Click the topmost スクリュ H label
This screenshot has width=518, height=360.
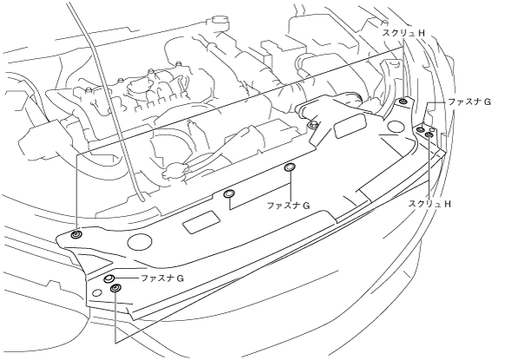point(403,33)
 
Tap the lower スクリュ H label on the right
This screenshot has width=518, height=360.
point(429,204)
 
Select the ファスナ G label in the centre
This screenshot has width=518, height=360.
point(288,206)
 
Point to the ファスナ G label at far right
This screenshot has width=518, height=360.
point(469,102)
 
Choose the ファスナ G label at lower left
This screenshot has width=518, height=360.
point(162,278)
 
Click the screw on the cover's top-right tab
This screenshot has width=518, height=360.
point(403,101)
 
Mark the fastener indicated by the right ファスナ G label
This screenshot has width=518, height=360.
point(421,129)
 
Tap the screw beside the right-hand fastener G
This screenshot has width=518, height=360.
point(429,134)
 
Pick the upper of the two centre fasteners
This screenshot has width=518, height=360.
point(290,167)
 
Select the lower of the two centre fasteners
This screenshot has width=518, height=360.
point(228,194)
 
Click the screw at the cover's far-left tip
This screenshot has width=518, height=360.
point(76,235)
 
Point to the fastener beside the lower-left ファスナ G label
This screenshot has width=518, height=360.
point(109,279)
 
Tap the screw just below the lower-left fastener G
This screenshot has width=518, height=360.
point(115,288)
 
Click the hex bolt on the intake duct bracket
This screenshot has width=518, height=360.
point(312,125)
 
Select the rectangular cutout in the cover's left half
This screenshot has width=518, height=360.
point(201,223)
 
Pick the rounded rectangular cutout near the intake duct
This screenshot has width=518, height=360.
point(351,126)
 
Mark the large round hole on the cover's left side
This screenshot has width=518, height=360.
point(140,242)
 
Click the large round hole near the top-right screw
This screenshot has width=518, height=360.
point(397,127)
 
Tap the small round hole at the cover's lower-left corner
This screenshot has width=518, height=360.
point(97,292)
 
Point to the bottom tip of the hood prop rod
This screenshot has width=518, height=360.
point(142,200)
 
